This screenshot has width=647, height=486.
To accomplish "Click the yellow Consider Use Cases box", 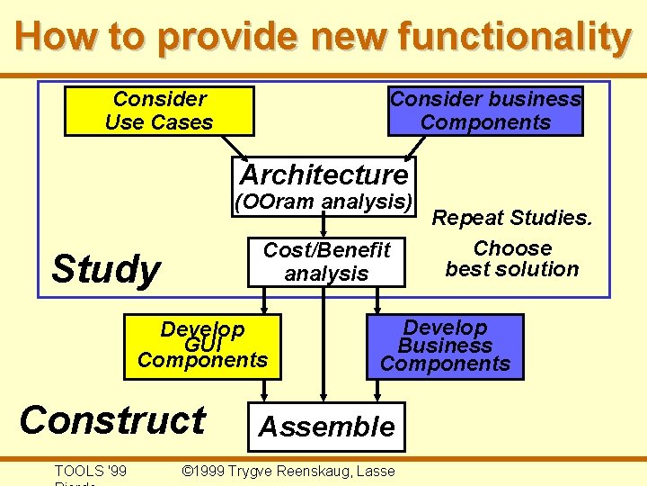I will click(158, 111).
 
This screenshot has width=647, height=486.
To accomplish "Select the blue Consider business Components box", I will click(485, 111).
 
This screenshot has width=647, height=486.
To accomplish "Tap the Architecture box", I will click(323, 174).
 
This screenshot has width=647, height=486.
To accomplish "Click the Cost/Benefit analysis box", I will click(326, 262).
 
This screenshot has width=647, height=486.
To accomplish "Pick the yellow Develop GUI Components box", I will click(202, 346).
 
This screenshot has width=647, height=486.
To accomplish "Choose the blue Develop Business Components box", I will click(445, 346).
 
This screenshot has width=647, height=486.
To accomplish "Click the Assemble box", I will click(326, 427).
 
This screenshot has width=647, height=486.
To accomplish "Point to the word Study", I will click(105, 269).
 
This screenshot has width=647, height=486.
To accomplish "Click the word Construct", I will click(112, 420).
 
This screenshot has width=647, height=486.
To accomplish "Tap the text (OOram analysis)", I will click(323, 202).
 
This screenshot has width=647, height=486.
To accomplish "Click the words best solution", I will click(512, 269).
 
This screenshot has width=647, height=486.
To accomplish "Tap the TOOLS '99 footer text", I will click(91, 471).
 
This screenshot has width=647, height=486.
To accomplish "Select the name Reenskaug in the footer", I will click(314, 471).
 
